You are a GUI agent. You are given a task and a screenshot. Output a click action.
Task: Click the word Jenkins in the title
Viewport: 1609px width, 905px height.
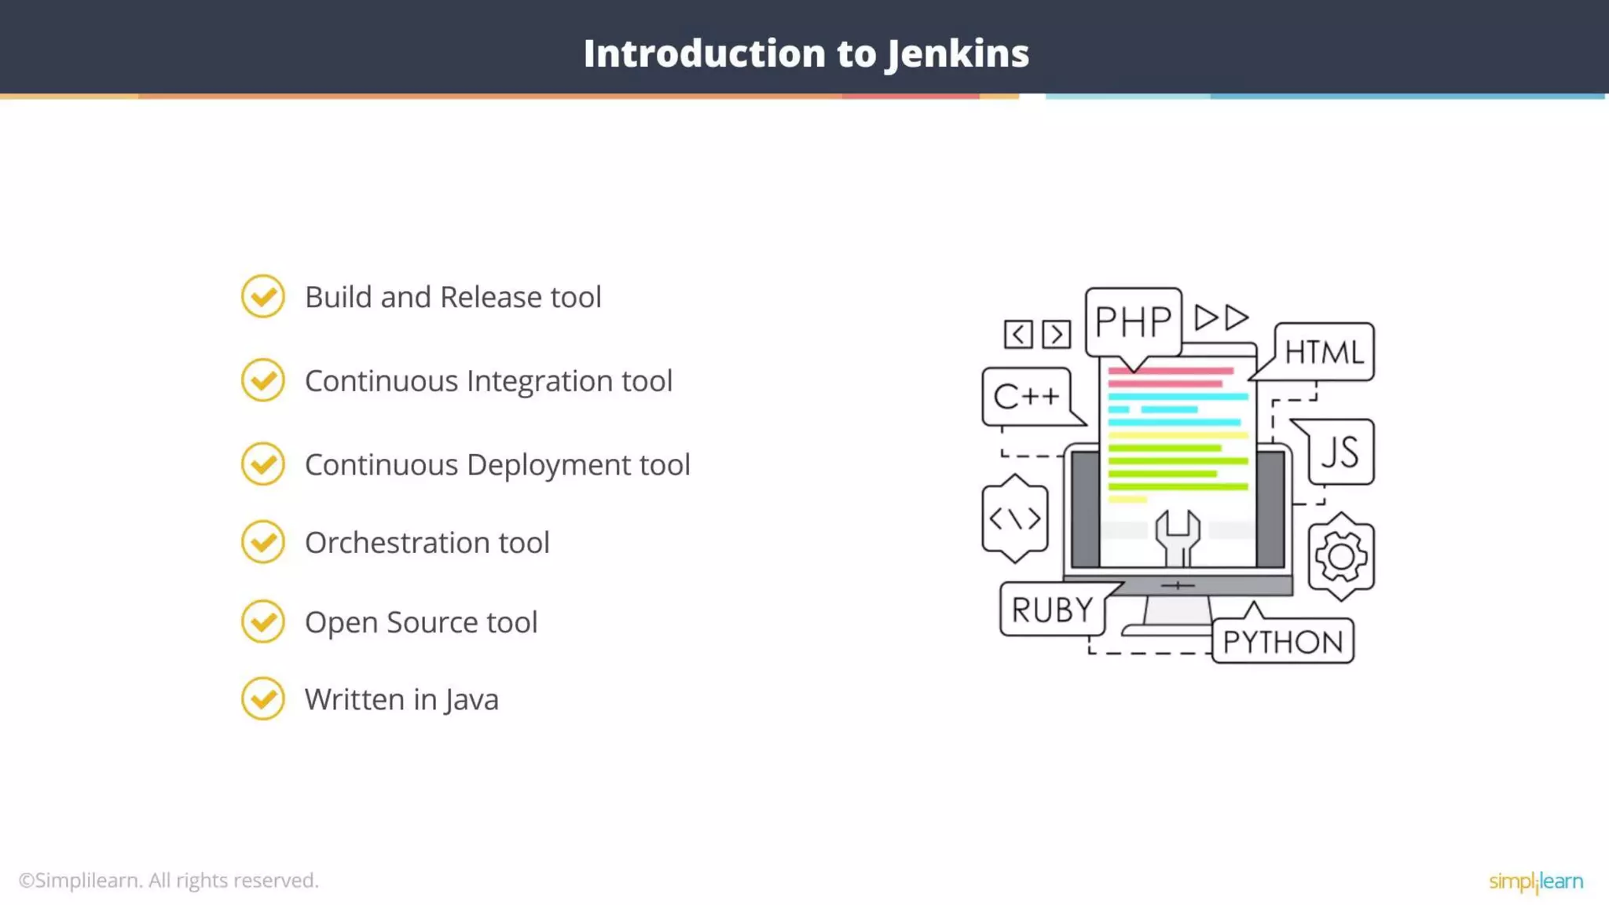coord(958,54)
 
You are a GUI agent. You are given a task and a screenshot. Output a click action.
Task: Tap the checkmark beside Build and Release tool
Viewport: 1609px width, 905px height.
coord(262,297)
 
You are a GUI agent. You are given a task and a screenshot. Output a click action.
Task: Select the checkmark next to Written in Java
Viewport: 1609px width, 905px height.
coord(262,698)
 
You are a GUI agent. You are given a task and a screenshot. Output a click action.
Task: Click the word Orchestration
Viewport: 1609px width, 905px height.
coord(398,543)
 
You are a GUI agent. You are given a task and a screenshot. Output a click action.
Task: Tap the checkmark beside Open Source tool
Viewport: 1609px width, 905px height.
coord(262,621)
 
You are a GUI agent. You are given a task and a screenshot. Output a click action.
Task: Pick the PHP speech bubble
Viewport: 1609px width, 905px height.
coord(1133,321)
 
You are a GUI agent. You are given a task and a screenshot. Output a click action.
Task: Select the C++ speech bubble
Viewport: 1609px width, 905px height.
coord(1026,397)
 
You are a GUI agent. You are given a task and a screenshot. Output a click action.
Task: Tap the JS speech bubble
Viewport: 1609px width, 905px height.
coord(1340,452)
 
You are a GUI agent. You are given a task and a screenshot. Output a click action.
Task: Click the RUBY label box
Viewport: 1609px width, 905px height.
coord(1052,610)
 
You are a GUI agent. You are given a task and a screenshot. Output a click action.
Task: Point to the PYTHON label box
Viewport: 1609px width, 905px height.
coord(1282,642)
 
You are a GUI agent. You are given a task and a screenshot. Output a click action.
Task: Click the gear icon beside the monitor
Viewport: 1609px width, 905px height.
coord(1340,557)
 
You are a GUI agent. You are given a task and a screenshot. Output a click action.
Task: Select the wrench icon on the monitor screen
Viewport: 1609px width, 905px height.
coord(1177,537)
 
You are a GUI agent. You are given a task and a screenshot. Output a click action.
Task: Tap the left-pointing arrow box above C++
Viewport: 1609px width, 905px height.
coord(1018,335)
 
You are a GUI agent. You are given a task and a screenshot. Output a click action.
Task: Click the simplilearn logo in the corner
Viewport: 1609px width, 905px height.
coord(1535,881)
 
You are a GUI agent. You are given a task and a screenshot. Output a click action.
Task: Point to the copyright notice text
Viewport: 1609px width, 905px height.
coord(169,881)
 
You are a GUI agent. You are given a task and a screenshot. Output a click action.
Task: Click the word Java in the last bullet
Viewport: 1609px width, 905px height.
coord(471,699)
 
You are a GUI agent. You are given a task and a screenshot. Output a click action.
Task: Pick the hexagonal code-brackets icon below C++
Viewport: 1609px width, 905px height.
coord(1014,518)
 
